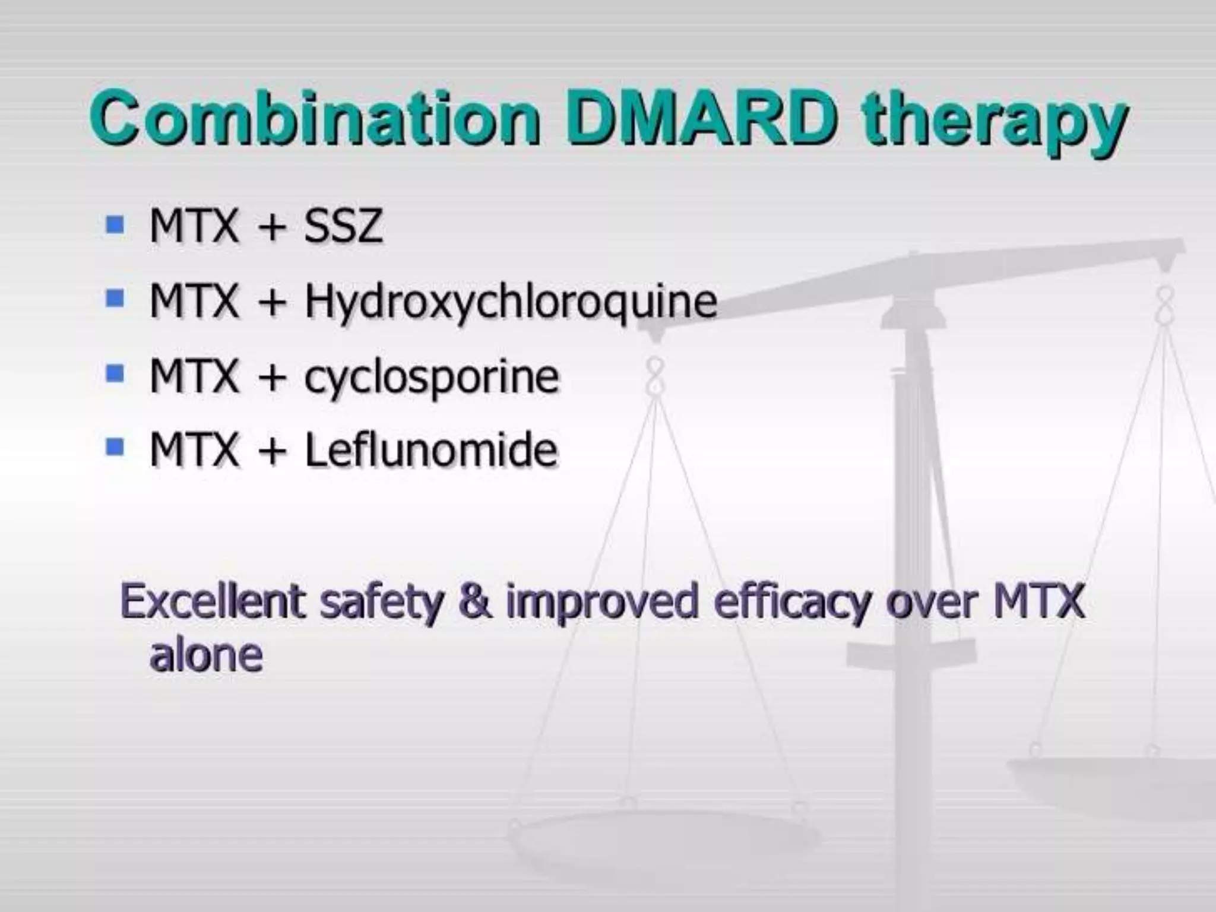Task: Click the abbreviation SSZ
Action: pos(343,226)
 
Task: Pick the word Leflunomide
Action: pos(431,449)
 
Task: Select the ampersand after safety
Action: pos(475,601)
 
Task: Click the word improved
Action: pos(602,603)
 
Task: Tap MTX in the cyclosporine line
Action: pos(194,376)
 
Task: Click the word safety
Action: pos(381,603)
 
